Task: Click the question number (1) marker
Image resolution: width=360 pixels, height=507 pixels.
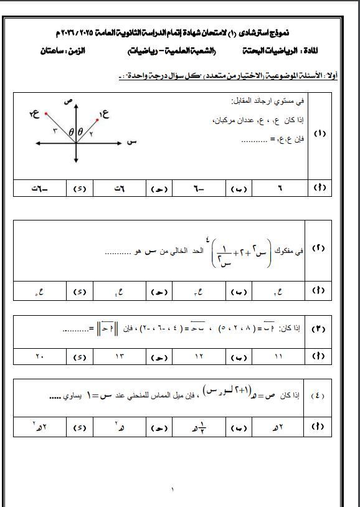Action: coord(320,134)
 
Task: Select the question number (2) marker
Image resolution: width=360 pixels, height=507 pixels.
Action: coord(320,249)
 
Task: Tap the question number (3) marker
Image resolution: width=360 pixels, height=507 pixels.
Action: coord(320,328)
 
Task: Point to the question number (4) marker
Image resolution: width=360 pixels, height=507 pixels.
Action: coord(320,396)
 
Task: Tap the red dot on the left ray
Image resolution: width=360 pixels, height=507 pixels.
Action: coord(45,114)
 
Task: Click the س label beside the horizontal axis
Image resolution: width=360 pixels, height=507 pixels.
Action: coord(131,143)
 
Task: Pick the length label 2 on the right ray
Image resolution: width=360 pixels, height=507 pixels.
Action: coord(91,133)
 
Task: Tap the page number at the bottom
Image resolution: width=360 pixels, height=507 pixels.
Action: coord(173,491)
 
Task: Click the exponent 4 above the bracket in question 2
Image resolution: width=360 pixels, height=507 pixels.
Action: coord(215,235)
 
